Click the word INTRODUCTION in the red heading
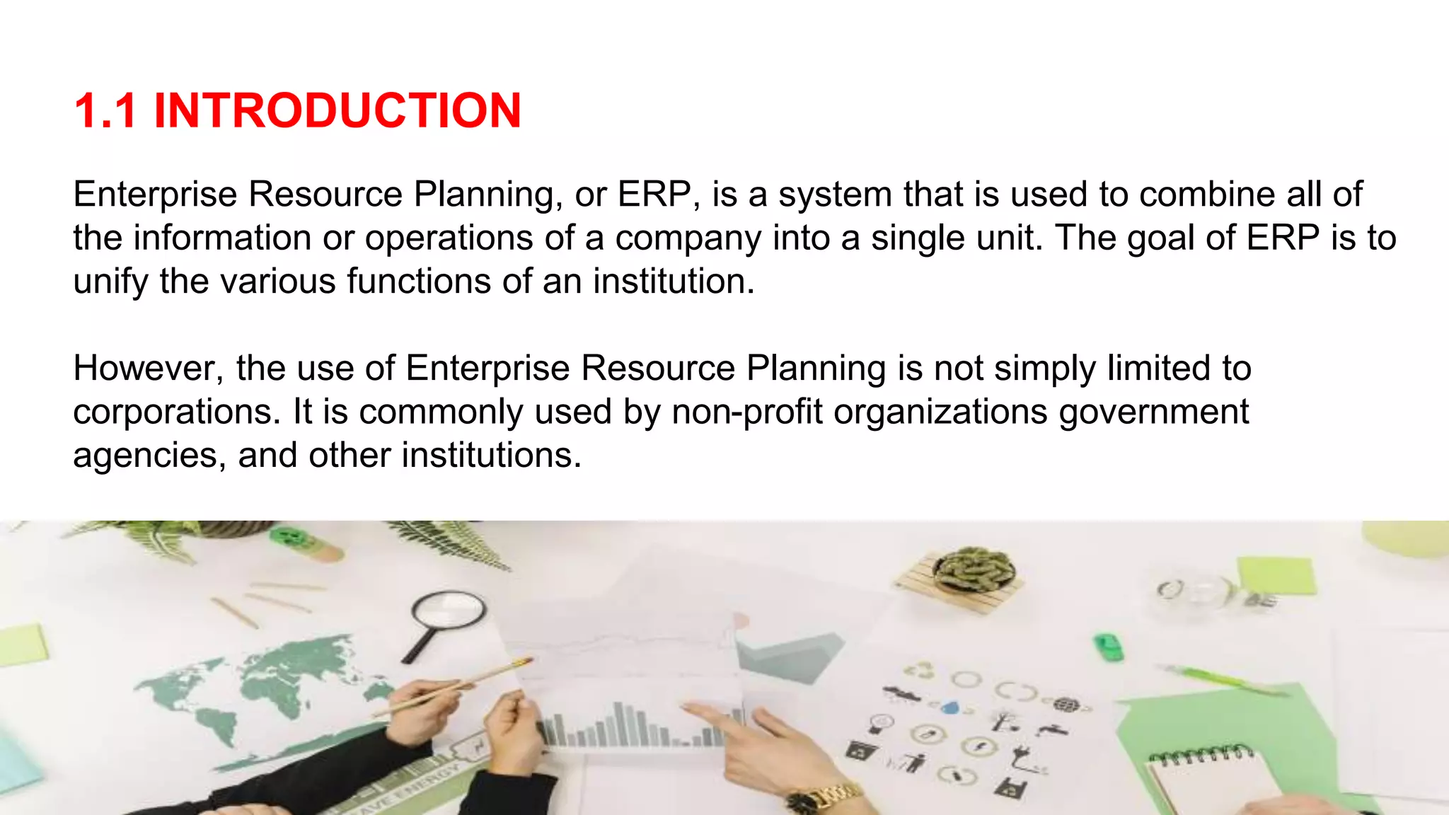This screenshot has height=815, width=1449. tap(337, 111)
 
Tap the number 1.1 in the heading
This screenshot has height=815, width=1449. tap(105, 111)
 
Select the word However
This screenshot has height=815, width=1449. tap(148, 369)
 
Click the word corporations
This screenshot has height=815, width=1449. tap(177, 412)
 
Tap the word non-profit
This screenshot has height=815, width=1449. tap(747, 412)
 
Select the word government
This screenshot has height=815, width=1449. tap(1154, 412)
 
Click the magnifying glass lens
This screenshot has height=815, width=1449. tap(449, 608)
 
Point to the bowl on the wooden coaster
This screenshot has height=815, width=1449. tap(974, 570)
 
